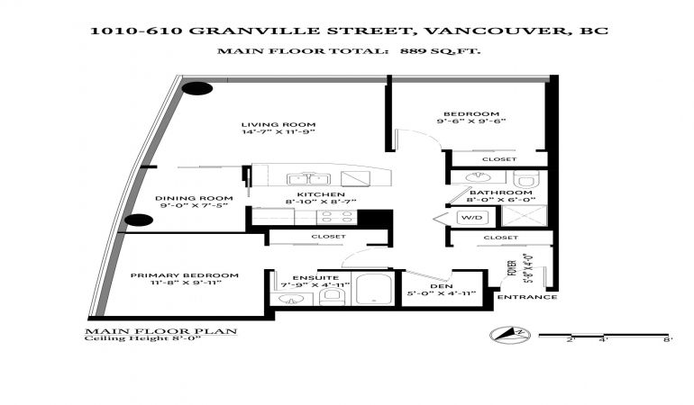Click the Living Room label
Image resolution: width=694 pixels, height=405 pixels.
pyautogui.click(x=279, y=125)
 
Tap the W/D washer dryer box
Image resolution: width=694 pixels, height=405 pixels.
pyautogui.click(x=473, y=218)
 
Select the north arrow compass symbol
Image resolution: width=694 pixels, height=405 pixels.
pyautogui.click(x=510, y=334)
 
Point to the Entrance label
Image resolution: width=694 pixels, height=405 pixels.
pyautogui.click(x=527, y=297)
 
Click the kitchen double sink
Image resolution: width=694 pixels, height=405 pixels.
pyautogui.click(x=308, y=179)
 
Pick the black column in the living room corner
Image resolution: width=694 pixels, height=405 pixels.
pyautogui.click(x=197, y=88)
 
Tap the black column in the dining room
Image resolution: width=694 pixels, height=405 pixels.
pyautogui.click(x=139, y=220)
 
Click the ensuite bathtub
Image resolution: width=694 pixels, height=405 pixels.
pyautogui.click(x=374, y=288)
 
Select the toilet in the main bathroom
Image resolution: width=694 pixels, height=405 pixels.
pyautogui.click(x=526, y=179)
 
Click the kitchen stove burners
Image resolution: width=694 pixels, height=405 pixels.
pyautogui.click(x=337, y=217)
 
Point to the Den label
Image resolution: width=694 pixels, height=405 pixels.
pyautogui.click(x=442, y=286)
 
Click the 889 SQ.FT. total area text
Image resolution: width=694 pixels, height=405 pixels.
pyautogui.click(x=441, y=50)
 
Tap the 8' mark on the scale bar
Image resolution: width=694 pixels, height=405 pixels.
pyautogui.click(x=668, y=339)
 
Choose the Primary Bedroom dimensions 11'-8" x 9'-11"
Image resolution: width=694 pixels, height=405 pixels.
pyautogui.click(x=186, y=283)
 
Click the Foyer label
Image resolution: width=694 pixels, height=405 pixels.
pyautogui.click(x=513, y=268)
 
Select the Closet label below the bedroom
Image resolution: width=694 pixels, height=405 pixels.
pyautogui.click(x=499, y=159)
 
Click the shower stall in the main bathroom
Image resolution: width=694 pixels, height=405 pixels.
pyautogui.click(x=525, y=216)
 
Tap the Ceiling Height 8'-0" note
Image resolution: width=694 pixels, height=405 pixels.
pyautogui.click(x=142, y=338)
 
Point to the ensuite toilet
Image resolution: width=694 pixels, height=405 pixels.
pyautogui.click(x=334, y=296)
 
